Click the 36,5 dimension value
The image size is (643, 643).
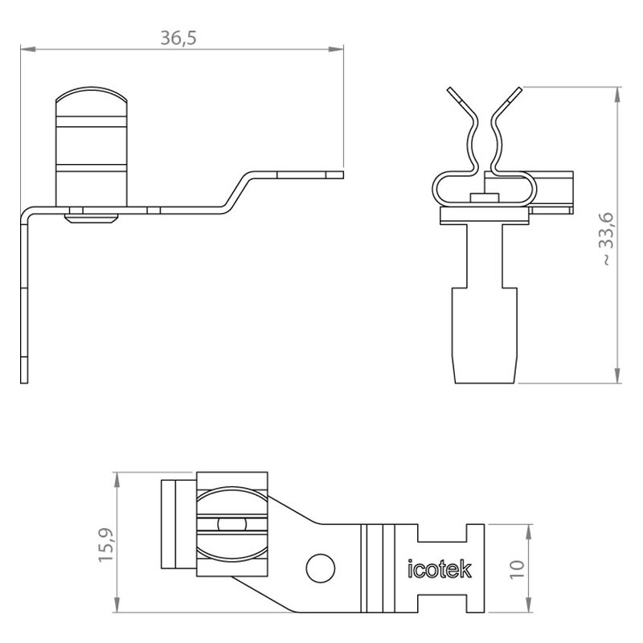point(178,38)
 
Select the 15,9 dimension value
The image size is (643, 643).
point(106,545)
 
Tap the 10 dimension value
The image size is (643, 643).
point(517,569)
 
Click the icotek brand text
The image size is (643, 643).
point(440,569)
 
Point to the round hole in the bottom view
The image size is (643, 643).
point(320,568)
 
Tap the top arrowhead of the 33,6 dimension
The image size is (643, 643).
point(617,95)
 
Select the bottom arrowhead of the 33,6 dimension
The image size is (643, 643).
point(617,375)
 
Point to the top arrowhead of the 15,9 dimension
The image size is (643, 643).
point(117,480)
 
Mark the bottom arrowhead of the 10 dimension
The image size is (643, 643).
point(529,605)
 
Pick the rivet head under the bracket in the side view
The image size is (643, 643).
point(92,218)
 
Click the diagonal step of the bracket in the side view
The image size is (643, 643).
point(236,192)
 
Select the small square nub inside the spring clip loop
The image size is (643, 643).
point(485,198)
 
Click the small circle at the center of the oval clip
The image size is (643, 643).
point(232,524)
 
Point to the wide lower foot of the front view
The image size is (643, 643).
point(485,335)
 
